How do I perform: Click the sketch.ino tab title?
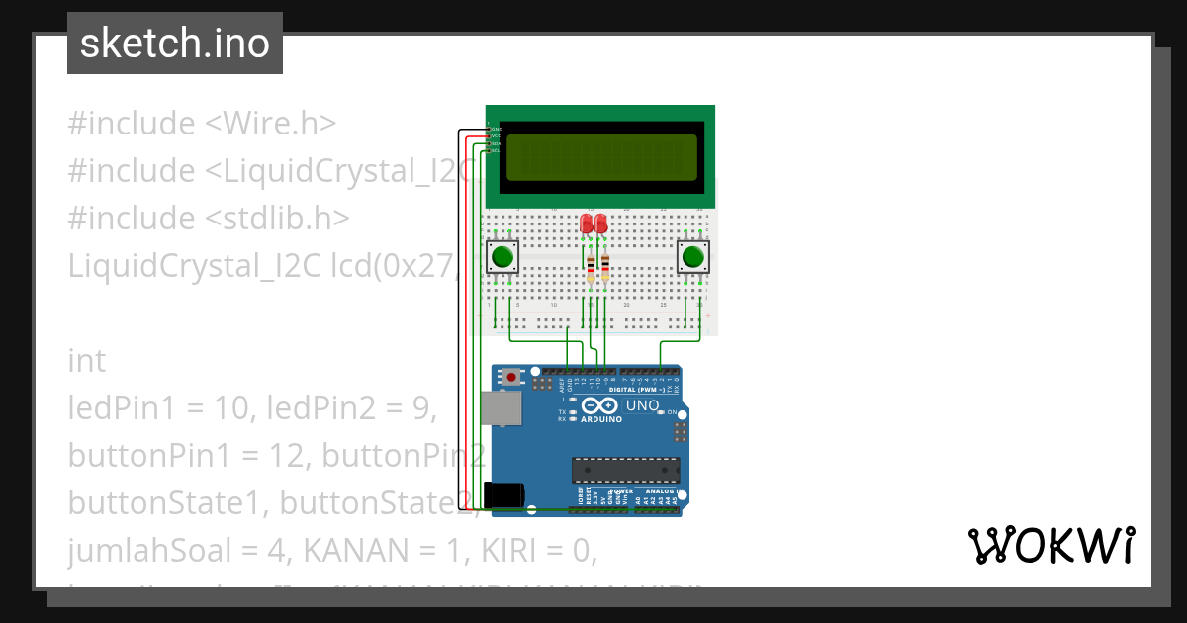pyautogui.click(x=174, y=44)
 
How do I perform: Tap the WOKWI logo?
pyautogui.click(x=1051, y=546)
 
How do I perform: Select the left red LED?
pyautogui.click(x=587, y=223)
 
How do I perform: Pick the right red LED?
pyautogui.click(x=600, y=223)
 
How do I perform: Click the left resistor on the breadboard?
pyautogui.click(x=592, y=266)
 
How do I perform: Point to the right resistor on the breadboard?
pyautogui.click(x=604, y=266)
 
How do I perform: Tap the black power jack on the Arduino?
pyautogui.click(x=502, y=494)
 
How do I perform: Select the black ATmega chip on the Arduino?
pyautogui.click(x=625, y=471)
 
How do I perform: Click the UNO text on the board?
pyautogui.click(x=644, y=405)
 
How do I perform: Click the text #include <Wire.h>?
pyautogui.click(x=202, y=124)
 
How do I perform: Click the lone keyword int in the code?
pyautogui.click(x=86, y=360)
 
